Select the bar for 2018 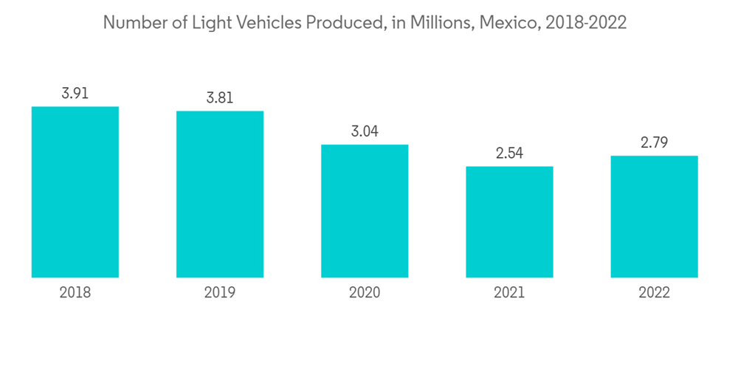(75, 192)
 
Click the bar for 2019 (220, 194)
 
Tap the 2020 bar (365, 211)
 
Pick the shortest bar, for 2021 (509, 221)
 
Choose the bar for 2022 (654, 216)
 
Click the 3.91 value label (75, 94)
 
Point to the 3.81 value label (220, 98)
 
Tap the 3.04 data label (365, 131)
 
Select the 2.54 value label (509, 154)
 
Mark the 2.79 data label (654, 142)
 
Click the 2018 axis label (75, 293)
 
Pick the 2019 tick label (220, 293)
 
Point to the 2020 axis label (365, 293)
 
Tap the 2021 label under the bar (509, 293)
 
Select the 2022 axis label (654, 293)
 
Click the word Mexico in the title (508, 23)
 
